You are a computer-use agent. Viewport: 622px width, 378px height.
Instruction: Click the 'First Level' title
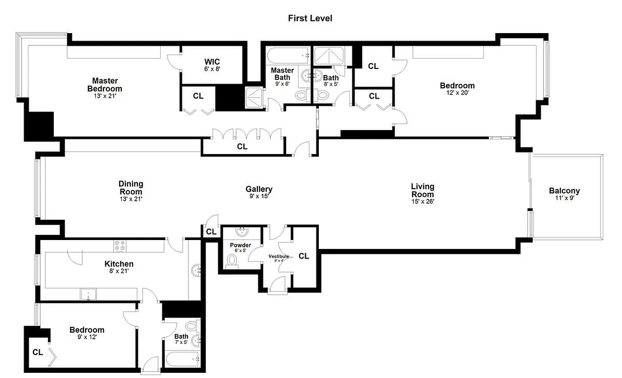pyautogui.click(x=310, y=18)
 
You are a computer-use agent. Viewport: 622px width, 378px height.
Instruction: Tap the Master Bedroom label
pyautogui.click(x=104, y=85)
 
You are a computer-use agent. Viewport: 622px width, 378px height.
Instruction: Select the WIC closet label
pyautogui.click(x=212, y=62)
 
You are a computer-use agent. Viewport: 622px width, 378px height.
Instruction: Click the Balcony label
pyautogui.click(x=564, y=191)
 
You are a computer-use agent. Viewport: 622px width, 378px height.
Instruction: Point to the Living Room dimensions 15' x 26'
pyautogui.click(x=422, y=201)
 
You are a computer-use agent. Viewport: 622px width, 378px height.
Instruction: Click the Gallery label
pyautogui.click(x=259, y=189)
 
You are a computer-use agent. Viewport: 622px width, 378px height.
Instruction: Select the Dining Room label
pyautogui.click(x=130, y=188)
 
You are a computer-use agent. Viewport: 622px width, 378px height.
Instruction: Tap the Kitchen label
pyautogui.click(x=119, y=264)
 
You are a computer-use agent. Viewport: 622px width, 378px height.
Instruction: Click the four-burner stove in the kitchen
pyautogui.click(x=120, y=246)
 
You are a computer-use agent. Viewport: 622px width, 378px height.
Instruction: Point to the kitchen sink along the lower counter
pyautogui.click(x=88, y=294)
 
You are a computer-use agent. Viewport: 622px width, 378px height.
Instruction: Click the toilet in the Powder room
pyautogui.click(x=232, y=260)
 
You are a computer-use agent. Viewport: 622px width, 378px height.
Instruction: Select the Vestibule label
pyautogui.click(x=279, y=256)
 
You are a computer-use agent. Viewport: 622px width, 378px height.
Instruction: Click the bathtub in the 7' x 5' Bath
pyautogui.click(x=182, y=359)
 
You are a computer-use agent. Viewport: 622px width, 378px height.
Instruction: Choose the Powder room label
pyautogui.click(x=240, y=245)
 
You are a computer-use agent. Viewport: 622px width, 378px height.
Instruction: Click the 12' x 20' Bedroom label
pyautogui.click(x=457, y=86)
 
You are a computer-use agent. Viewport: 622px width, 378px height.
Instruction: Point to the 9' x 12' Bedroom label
pyautogui.click(x=87, y=330)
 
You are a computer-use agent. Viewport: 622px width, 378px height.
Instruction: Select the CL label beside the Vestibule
pyautogui.click(x=304, y=256)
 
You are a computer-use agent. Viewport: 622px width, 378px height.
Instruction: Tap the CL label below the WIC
pyautogui.click(x=198, y=96)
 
